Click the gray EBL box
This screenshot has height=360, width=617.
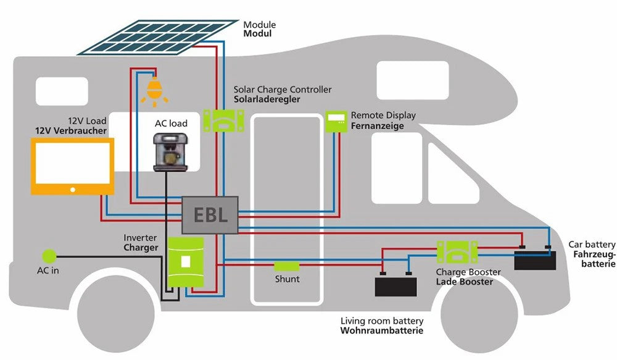tap(210, 216)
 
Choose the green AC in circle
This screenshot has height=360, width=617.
tap(48, 256)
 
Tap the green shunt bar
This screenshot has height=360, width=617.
tap(286, 266)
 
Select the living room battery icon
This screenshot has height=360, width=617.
tap(395, 285)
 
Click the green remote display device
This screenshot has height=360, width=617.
tap(337, 121)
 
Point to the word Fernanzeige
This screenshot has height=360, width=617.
tap(377, 126)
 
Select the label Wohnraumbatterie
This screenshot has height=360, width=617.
tap(382, 332)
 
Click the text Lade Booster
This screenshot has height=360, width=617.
tap(464, 282)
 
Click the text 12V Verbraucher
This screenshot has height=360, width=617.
tap(71, 131)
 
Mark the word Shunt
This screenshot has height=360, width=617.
tap(287, 279)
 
